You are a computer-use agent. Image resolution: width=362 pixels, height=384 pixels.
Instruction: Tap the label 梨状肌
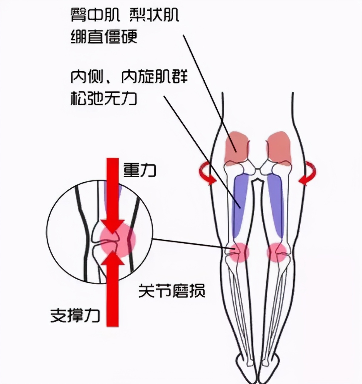pyautogui.click(x=154, y=15)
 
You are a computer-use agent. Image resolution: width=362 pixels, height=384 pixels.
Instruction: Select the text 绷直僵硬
pyautogui.click(x=104, y=36)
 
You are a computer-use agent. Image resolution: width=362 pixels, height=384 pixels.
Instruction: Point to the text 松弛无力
pyautogui.click(x=104, y=98)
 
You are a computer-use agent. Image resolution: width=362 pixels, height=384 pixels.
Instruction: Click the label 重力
pyautogui.click(x=140, y=170)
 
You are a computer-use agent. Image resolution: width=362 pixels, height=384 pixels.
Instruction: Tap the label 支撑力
pyautogui.click(x=75, y=315)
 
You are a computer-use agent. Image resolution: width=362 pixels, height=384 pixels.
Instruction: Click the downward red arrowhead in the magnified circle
pyautogui.click(x=113, y=226)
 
